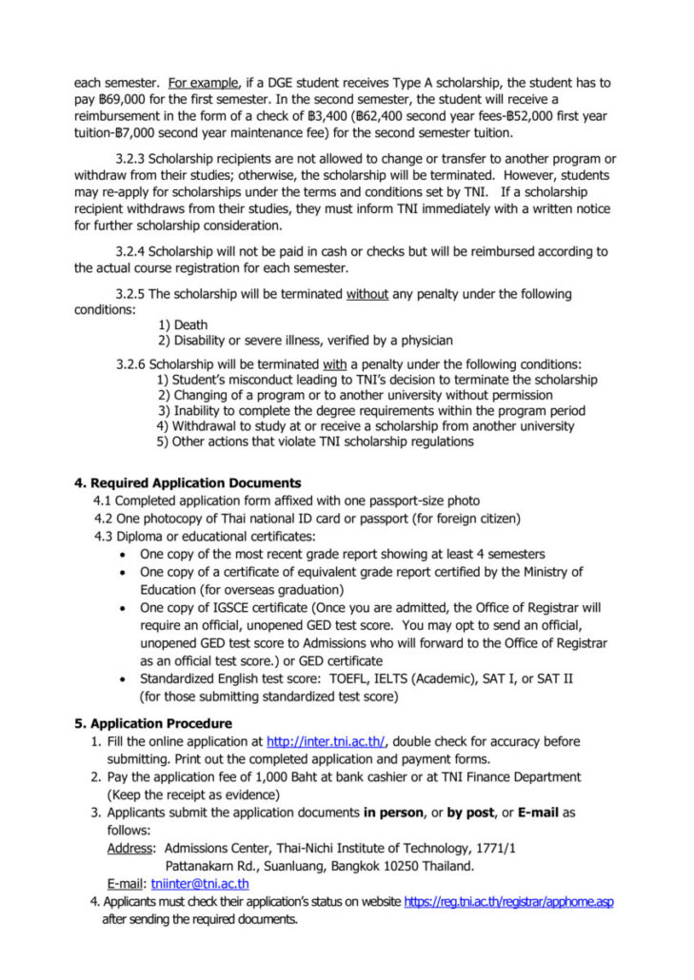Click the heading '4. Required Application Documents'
click(188, 483)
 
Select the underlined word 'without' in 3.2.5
click(367, 294)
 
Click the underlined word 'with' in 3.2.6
click(335, 364)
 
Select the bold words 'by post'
click(472, 813)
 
